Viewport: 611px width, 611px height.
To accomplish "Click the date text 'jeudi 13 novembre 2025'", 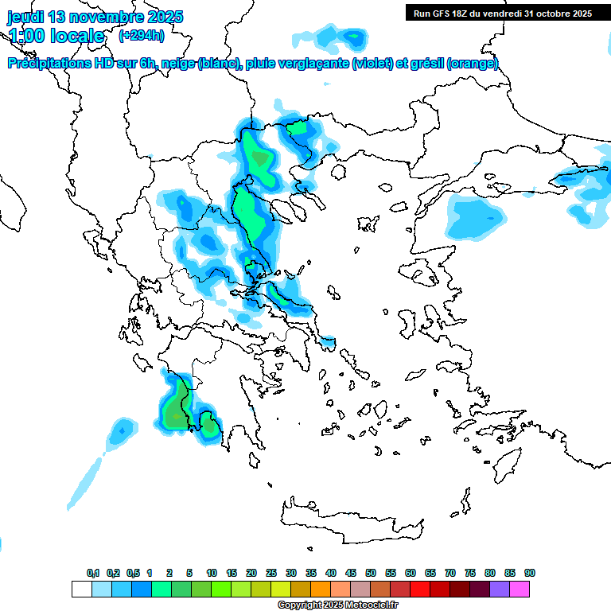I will (x=95, y=17).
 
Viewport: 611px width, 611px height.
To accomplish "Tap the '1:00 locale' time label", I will (x=56, y=36).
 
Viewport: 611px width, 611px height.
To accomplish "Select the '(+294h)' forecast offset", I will (x=142, y=35).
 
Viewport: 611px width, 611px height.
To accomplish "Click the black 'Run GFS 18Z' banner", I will (x=502, y=13).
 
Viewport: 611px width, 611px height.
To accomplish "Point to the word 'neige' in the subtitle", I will (x=174, y=64).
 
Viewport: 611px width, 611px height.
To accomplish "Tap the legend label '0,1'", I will (x=93, y=574).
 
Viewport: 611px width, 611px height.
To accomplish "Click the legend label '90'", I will (x=530, y=574).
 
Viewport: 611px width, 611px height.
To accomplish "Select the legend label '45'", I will (x=351, y=574).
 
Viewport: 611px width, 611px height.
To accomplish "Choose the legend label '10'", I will (x=212, y=574).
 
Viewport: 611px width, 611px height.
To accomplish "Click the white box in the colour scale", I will (x=81, y=590).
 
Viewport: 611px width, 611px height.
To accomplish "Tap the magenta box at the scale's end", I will (x=520, y=590).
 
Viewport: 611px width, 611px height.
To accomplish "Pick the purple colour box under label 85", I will (x=500, y=590).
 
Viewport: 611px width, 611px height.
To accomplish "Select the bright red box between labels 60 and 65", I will (x=420, y=590).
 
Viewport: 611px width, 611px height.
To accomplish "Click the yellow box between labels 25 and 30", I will (x=281, y=590).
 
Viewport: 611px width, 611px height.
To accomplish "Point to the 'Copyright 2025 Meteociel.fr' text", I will (x=338, y=605).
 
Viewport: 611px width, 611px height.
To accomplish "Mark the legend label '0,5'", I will (x=133, y=574).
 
